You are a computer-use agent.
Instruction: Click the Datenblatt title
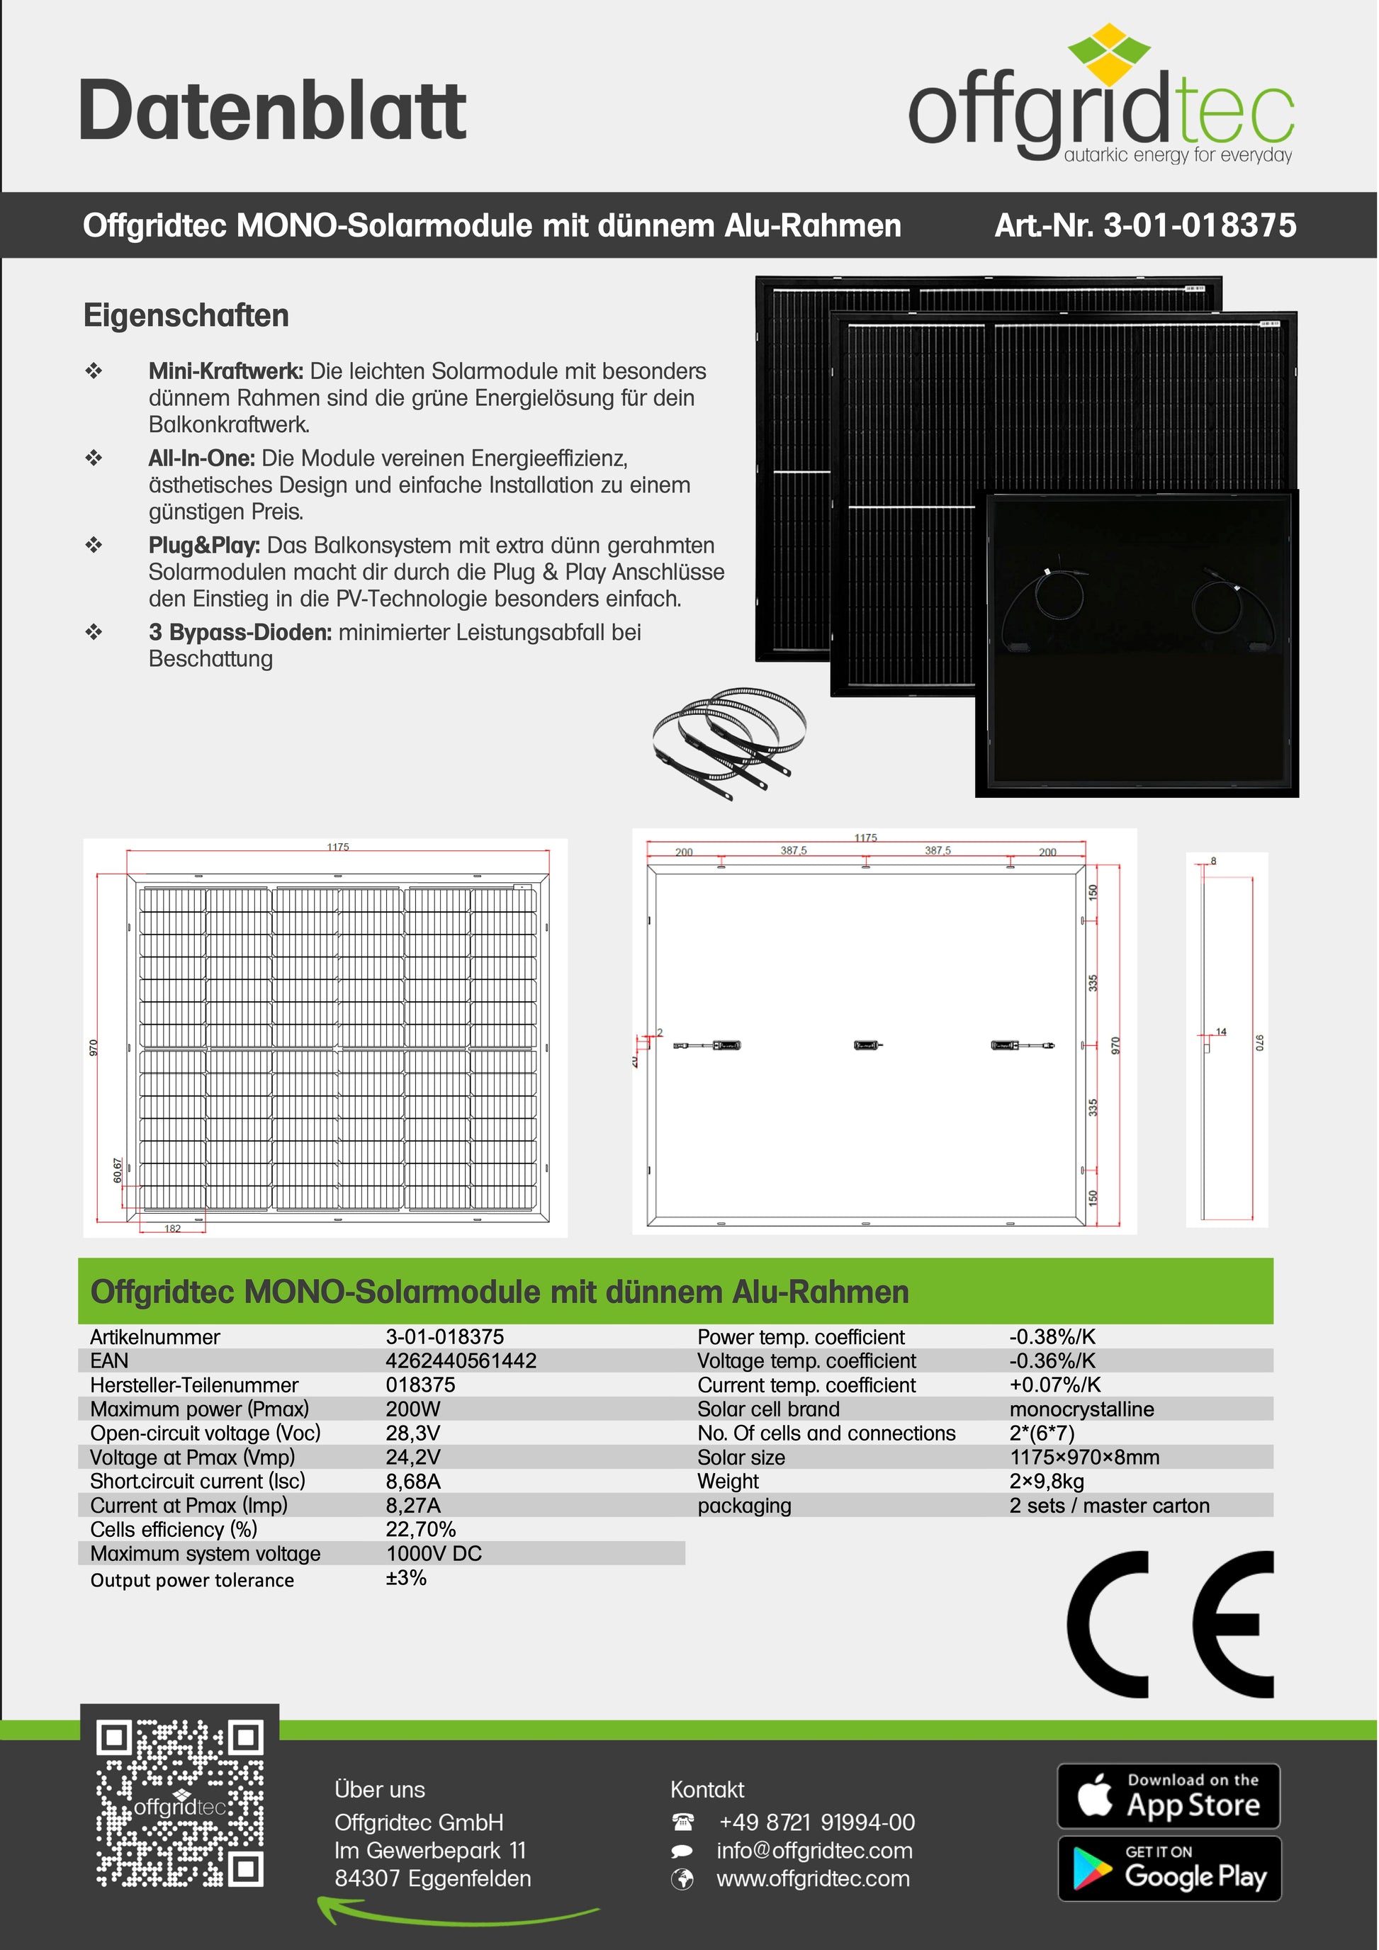pos(271,111)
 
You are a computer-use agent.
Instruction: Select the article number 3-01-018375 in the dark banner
pos(1144,226)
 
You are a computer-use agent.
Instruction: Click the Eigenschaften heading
pos(186,316)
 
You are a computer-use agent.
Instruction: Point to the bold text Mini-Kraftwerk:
pos(226,371)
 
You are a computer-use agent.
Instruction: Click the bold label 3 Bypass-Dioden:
pos(240,632)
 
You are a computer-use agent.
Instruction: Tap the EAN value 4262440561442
pos(461,1360)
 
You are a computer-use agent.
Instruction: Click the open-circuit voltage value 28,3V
pos(412,1433)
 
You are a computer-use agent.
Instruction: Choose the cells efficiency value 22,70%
pos(420,1530)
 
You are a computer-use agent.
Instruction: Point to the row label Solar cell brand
pos(768,1409)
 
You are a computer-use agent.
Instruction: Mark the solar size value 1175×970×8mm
pos(1084,1458)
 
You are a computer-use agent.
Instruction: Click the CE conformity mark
pos(1170,1624)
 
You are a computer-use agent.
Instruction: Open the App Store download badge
pos(1169,1796)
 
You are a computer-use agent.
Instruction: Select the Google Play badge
pos(1169,1869)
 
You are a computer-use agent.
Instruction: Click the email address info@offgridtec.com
pos(814,1851)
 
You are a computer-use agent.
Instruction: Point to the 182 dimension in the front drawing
pos(172,1228)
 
